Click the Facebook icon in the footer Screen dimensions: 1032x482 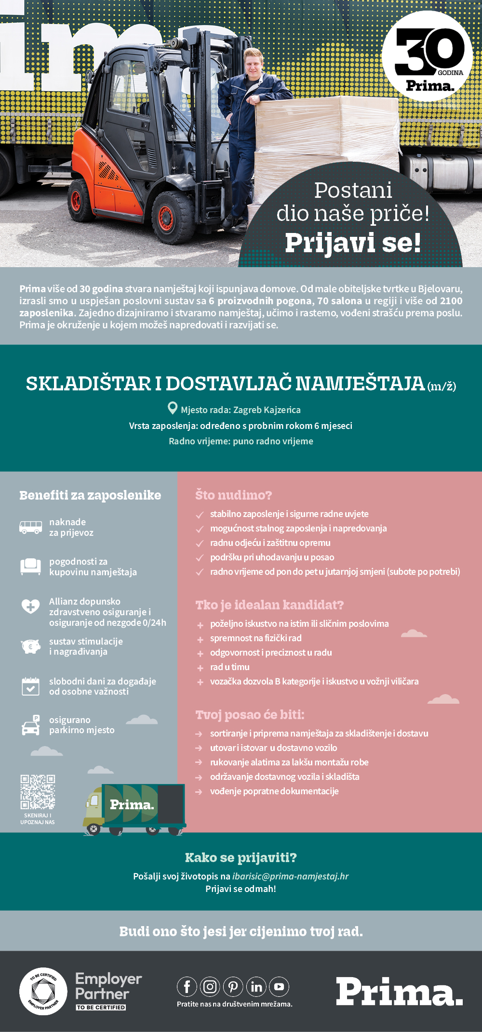[x=187, y=987]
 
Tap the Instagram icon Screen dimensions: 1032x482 [x=210, y=987]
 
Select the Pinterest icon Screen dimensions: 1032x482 [x=233, y=987]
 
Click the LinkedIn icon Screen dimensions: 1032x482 [x=256, y=987]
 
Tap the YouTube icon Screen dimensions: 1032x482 [x=279, y=987]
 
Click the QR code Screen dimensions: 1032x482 [x=38, y=792]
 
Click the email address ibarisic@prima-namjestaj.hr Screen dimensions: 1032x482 [x=290, y=876]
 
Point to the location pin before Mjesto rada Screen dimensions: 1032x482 [x=172, y=409]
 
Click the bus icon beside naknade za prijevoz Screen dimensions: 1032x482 [x=30, y=527]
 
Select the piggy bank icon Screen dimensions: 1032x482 [x=31, y=646]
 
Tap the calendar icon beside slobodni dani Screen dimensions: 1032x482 [x=30, y=686]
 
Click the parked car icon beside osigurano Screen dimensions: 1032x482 [x=31, y=725]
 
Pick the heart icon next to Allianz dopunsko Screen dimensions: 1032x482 [x=30, y=606]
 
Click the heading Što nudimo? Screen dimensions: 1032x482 [x=233, y=495]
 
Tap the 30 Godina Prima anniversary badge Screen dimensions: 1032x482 [x=428, y=57]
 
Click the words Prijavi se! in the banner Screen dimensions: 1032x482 [x=353, y=243]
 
